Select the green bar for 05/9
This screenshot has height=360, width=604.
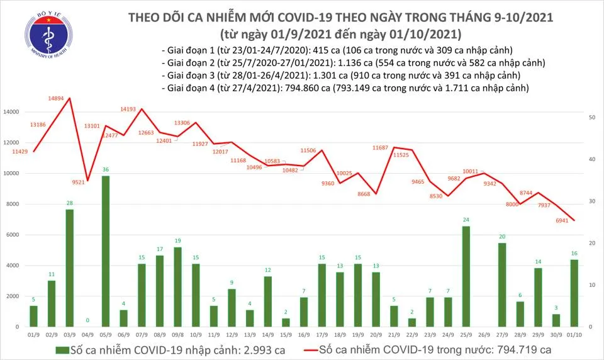(106, 251)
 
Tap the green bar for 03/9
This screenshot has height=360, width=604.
(70, 268)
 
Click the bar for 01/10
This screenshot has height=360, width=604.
(574, 293)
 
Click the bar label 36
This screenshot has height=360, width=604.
(106, 169)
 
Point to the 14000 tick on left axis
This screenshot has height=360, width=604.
(12, 112)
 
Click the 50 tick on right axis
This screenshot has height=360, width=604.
(593, 118)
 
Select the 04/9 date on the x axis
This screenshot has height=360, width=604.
(88, 336)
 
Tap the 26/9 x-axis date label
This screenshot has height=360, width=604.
(484, 336)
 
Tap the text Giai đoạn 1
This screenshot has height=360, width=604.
(189, 50)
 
